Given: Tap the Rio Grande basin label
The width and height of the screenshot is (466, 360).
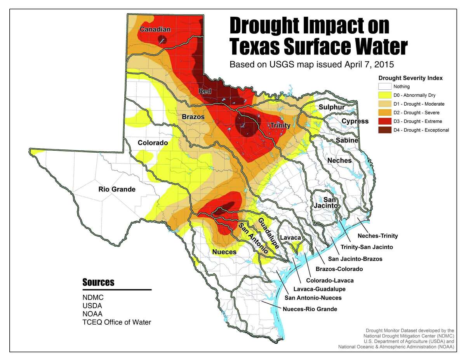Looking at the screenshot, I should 116,190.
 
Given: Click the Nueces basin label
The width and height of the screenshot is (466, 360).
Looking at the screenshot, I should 224,252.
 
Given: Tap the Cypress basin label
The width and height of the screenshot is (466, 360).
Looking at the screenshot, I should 355,121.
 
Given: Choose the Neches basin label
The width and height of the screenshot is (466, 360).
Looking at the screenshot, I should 339,160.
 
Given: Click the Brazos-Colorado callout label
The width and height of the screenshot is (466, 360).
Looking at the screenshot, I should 339,269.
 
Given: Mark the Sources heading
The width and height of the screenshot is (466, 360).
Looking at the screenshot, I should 98,282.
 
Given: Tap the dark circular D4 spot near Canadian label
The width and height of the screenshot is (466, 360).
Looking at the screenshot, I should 162,39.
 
